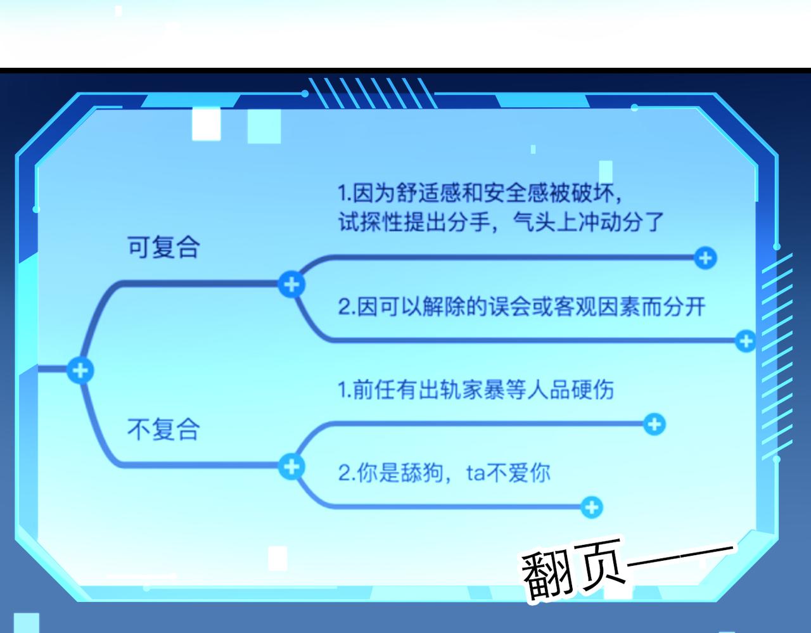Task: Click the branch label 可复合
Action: [x=163, y=247]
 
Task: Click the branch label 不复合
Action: [x=163, y=429]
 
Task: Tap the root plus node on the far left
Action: [x=80, y=370]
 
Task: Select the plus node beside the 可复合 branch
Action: [x=291, y=285]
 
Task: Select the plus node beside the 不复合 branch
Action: [x=291, y=466]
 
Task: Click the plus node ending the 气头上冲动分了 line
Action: [x=705, y=258]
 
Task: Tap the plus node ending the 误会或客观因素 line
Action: [x=746, y=341]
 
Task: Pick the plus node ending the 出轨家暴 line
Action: [x=655, y=424]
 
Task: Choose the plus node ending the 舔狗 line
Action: [x=592, y=507]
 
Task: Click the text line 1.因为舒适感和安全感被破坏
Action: [x=480, y=193]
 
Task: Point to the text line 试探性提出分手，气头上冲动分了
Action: [x=501, y=222]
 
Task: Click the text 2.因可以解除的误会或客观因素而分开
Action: [x=521, y=307]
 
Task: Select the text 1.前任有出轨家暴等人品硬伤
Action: [x=476, y=390]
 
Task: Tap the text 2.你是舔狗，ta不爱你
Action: [x=444, y=473]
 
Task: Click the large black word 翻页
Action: [x=573, y=570]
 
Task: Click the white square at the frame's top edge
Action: [x=206, y=124]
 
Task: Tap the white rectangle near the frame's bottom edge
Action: [x=278, y=559]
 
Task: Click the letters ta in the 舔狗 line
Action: [x=475, y=473]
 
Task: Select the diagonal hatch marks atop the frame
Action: [x=372, y=93]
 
